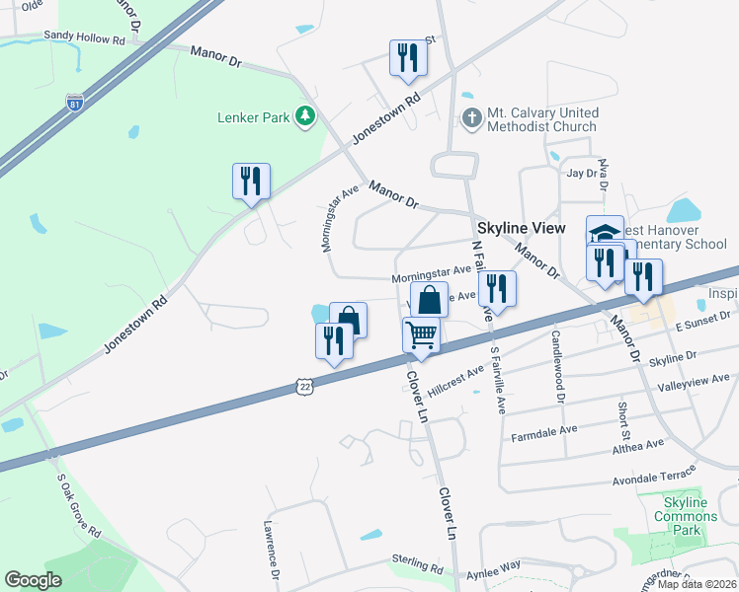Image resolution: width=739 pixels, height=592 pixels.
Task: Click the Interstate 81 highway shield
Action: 74,103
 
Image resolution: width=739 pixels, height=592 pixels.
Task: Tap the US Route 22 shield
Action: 304,388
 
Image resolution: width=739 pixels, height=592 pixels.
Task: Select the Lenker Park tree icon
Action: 306,117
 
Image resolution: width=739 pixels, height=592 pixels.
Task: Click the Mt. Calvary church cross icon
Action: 471,117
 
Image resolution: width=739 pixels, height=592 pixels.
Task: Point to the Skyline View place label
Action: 522,228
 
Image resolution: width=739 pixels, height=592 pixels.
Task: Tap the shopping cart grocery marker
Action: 421,335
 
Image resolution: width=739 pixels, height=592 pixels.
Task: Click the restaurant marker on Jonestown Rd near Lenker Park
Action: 251,181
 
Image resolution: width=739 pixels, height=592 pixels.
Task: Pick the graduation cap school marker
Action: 605,233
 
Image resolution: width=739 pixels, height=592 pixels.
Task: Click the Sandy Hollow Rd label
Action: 84,37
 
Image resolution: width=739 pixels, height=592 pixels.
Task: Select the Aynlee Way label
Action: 496,566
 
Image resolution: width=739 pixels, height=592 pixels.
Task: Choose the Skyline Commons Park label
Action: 682,516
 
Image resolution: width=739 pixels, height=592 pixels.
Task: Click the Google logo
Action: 33,579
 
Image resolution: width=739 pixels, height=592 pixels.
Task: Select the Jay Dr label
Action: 583,174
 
